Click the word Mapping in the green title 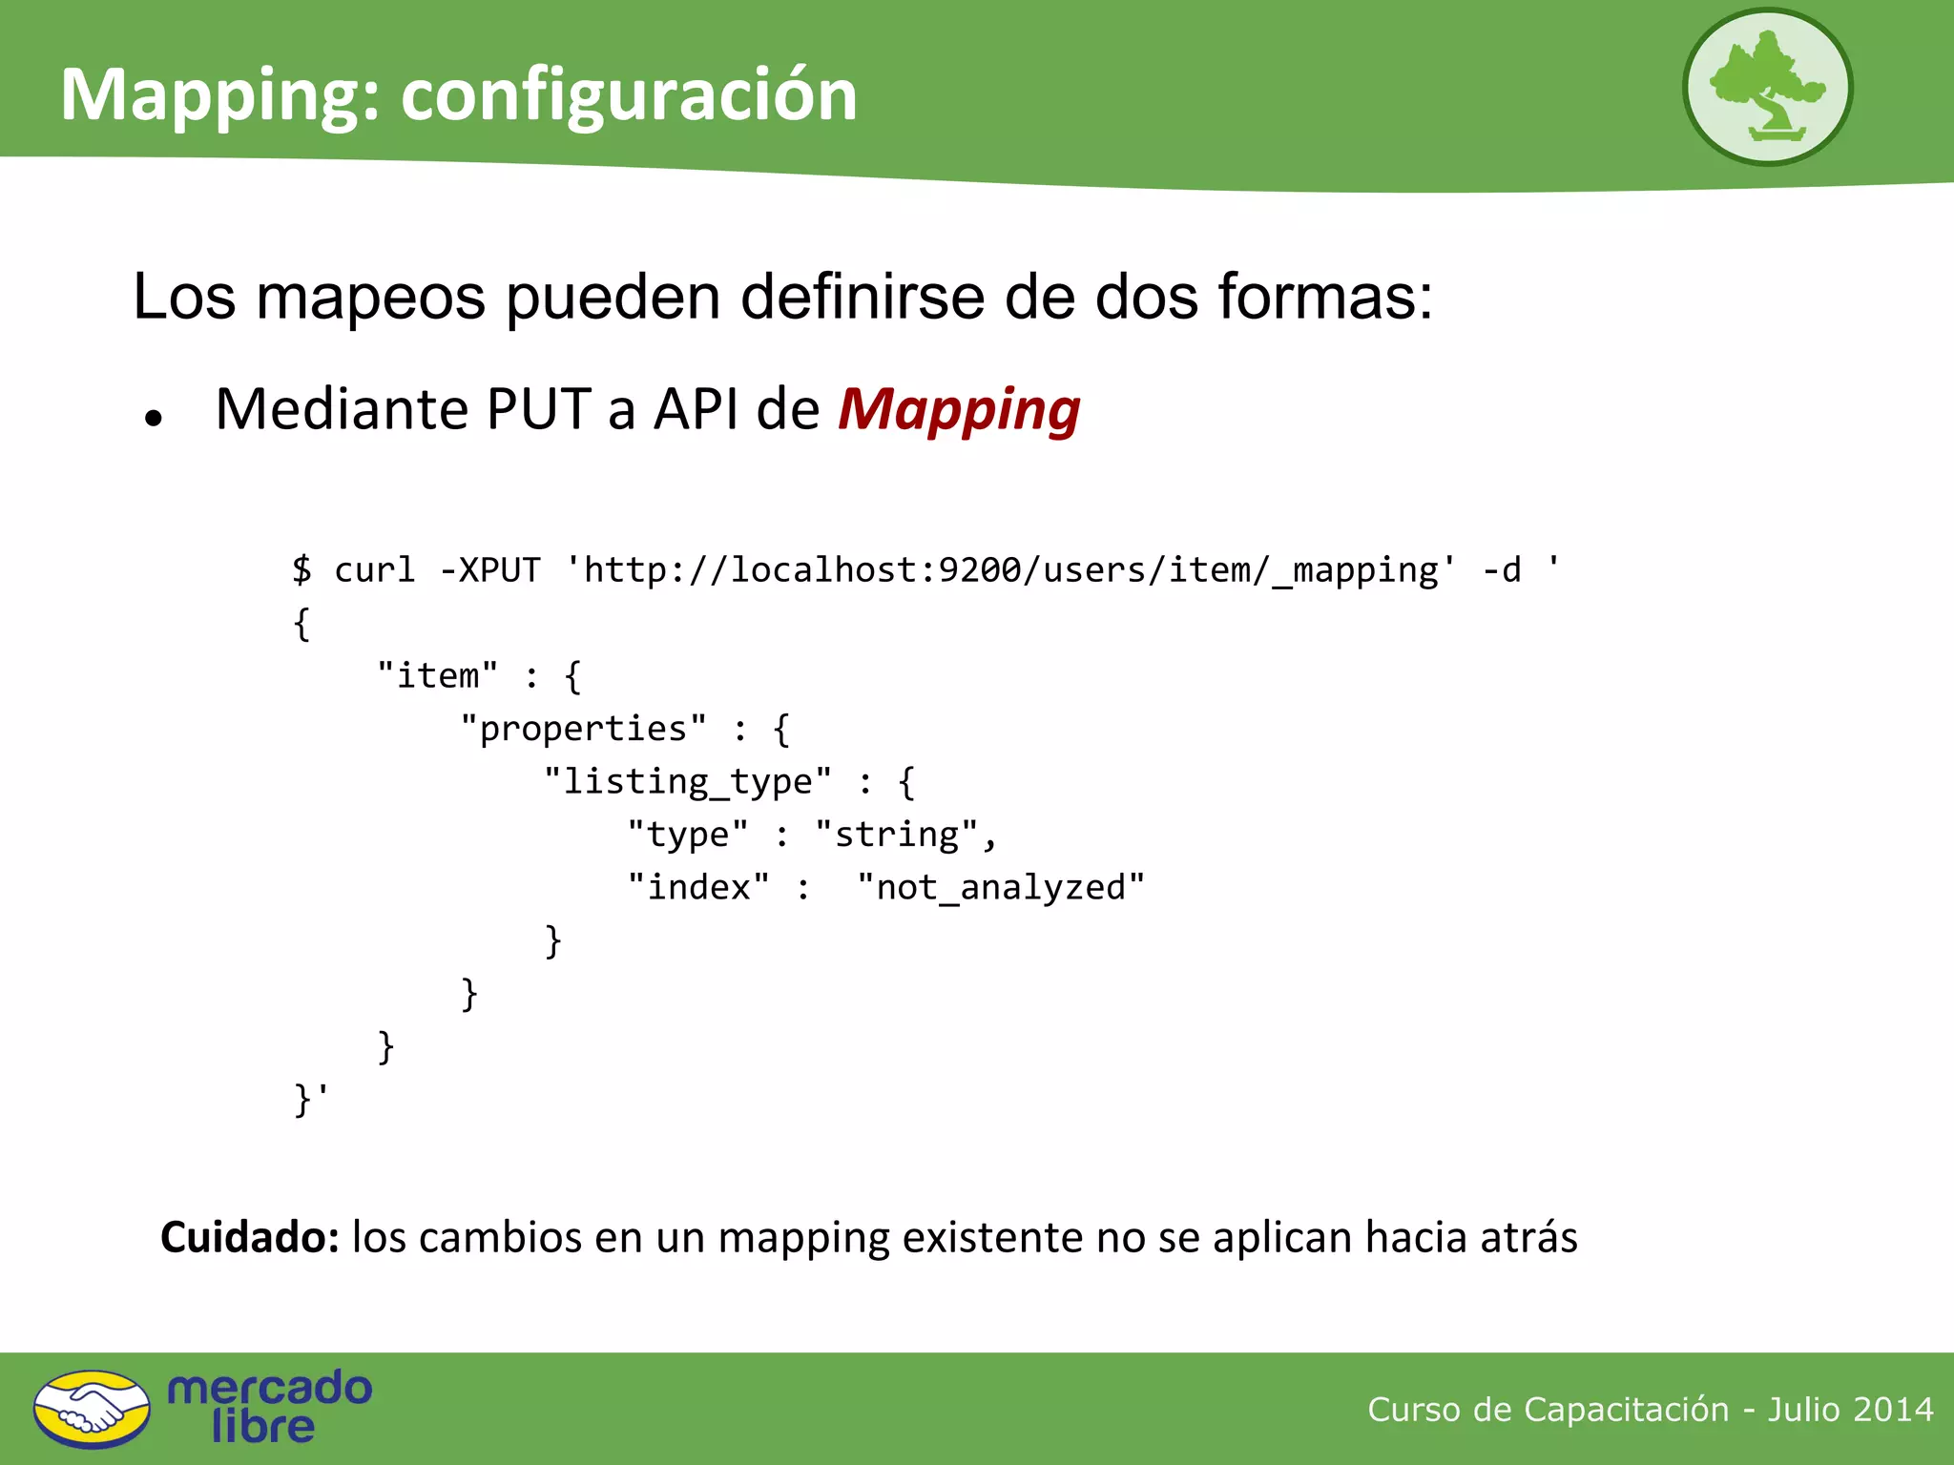point(211,95)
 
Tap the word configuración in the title point(629,95)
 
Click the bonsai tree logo point(1767,88)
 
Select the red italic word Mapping point(959,410)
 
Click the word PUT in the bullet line point(539,410)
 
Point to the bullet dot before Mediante point(154,418)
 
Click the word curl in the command point(374,570)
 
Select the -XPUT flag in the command point(489,570)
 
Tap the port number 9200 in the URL point(980,570)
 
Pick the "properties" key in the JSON point(583,729)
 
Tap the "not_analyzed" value point(1000,888)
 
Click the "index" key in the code point(698,888)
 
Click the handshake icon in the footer point(92,1409)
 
